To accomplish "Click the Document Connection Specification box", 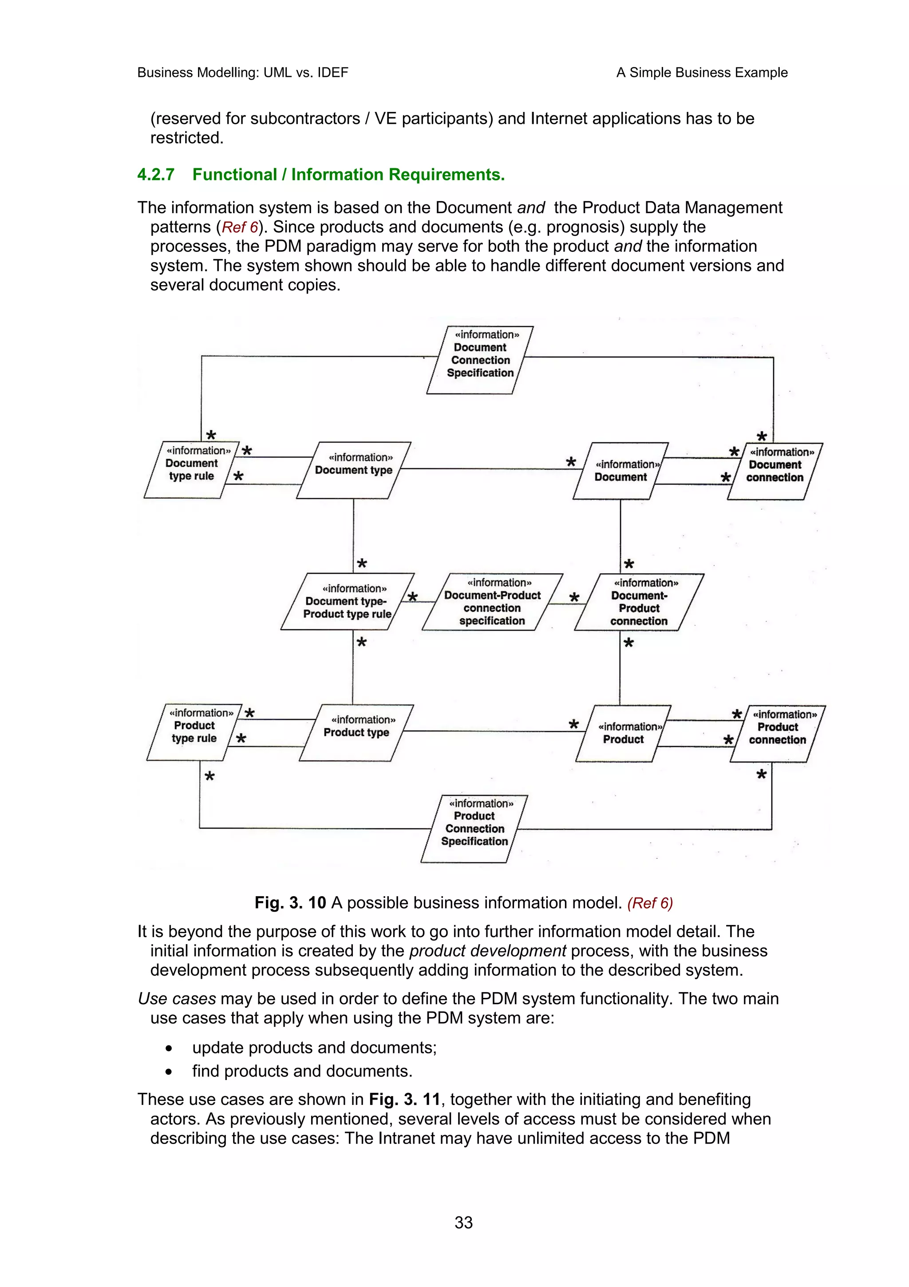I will pos(480,360).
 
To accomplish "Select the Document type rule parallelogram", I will pos(192,470).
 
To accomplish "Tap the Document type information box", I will pos(353,470).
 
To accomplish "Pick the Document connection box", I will pos(775,471).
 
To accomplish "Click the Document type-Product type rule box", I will pos(347,601).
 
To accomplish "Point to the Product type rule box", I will pos(194,732).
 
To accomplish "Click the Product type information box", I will pos(356,732).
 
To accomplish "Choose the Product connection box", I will pos(777,733).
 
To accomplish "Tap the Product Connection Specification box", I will pos(474,829).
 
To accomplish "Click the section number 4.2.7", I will pos(156,175).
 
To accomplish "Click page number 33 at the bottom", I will pos(463,1223).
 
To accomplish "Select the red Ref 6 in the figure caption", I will pos(650,903).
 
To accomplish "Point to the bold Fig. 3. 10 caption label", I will pos(290,902).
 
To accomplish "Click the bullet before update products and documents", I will pos(169,1048).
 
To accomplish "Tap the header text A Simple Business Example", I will pos(701,72).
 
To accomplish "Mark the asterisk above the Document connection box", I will pos(762,436).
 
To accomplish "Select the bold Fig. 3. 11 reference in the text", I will pos(404,1099).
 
